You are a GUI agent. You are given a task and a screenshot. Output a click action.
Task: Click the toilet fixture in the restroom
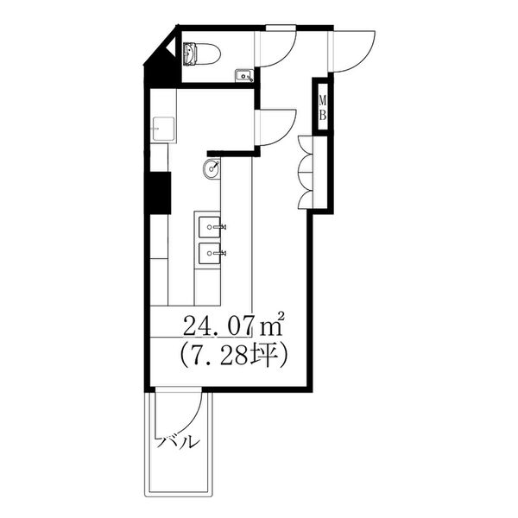coord(202,54)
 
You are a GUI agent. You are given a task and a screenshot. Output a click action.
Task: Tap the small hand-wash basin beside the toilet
coord(244,76)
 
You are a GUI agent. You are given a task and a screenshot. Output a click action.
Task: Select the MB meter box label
coord(322,107)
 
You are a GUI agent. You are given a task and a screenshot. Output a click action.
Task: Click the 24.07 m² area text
coord(234,325)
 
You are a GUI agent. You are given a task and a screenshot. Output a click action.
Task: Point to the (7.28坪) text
coord(234,356)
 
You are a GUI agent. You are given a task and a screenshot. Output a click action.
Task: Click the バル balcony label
coord(179,442)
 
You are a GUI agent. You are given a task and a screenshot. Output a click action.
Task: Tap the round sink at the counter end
coord(212,168)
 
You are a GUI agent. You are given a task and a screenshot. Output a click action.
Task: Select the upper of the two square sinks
coord(210,227)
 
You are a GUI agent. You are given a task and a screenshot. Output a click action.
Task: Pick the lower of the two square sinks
coord(210,253)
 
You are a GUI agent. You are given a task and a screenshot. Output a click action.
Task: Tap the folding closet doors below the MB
coord(306,172)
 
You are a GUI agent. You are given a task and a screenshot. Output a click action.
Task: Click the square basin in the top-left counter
coord(163,129)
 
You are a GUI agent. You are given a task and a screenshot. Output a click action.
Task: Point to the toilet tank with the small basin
coord(190,54)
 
